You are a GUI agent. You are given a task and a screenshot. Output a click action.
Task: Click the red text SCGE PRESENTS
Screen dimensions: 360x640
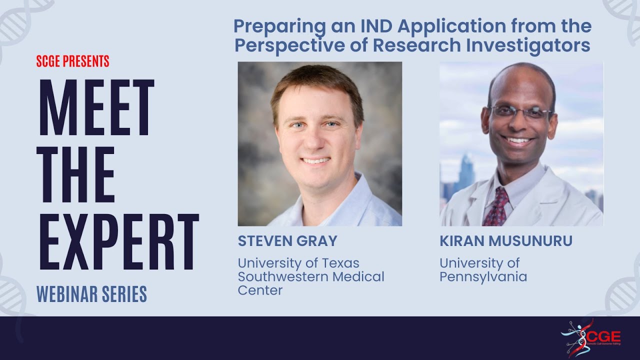coord(73,62)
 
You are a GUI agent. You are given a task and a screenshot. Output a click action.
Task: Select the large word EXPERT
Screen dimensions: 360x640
coord(119,242)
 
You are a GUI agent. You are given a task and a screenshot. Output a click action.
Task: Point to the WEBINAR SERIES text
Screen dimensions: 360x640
coord(92,294)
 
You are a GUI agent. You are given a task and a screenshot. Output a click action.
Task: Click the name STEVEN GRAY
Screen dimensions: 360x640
coord(287,241)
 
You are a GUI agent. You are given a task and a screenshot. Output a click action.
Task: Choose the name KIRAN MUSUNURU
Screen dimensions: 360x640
coord(506,241)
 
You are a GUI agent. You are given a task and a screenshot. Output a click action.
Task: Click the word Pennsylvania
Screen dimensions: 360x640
coord(483,276)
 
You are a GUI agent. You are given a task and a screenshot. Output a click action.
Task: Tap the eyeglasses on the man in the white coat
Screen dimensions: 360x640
coord(520,112)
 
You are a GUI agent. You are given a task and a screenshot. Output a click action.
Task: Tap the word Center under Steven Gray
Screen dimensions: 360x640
coord(260,290)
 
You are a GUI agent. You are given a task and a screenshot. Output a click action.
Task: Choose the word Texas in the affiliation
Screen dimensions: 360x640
coord(339,263)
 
